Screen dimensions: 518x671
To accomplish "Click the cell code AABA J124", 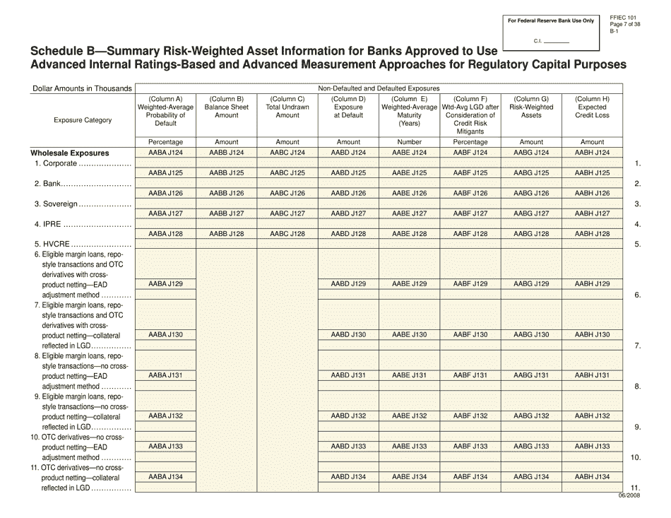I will point(165,153).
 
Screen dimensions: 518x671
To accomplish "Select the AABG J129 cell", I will point(531,284).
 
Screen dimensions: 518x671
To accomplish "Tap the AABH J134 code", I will point(592,477).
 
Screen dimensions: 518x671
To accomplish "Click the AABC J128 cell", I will point(287,234).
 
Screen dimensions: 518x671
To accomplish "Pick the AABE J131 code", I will point(410,375).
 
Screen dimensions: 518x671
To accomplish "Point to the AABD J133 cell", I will point(348,447).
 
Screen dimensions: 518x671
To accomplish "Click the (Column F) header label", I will point(470,99).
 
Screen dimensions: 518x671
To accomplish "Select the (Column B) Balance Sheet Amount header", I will point(226,107).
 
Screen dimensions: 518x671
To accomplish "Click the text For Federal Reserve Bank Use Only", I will point(551,21).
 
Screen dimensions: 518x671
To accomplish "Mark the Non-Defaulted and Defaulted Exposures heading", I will point(379,88).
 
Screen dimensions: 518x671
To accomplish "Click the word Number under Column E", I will point(409,142).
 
